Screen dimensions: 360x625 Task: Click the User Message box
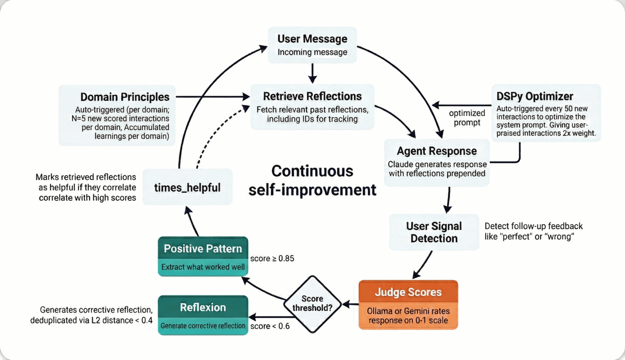click(312, 45)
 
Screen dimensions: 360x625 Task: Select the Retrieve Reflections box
click(312, 107)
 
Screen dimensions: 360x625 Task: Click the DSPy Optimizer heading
click(535, 96)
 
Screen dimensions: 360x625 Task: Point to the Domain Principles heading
click(125, 97)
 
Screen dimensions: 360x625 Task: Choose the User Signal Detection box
click(434, 232)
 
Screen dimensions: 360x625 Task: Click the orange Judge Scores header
click(408, 292)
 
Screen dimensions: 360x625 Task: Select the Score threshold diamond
click(312, 304)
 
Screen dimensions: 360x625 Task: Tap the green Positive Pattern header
click(203, 248)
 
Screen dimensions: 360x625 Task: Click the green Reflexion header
click(203, 307)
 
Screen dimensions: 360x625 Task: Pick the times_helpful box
click(187, 187)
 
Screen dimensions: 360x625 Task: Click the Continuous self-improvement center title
click(312, 180)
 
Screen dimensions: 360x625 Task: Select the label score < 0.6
click(270, 326)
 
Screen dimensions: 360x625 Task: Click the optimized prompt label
click(467, 118)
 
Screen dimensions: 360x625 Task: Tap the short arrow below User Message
click(312, 73)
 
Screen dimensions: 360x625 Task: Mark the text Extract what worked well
click(203, 267)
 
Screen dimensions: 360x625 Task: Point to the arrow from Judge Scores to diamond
click(350, 305)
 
